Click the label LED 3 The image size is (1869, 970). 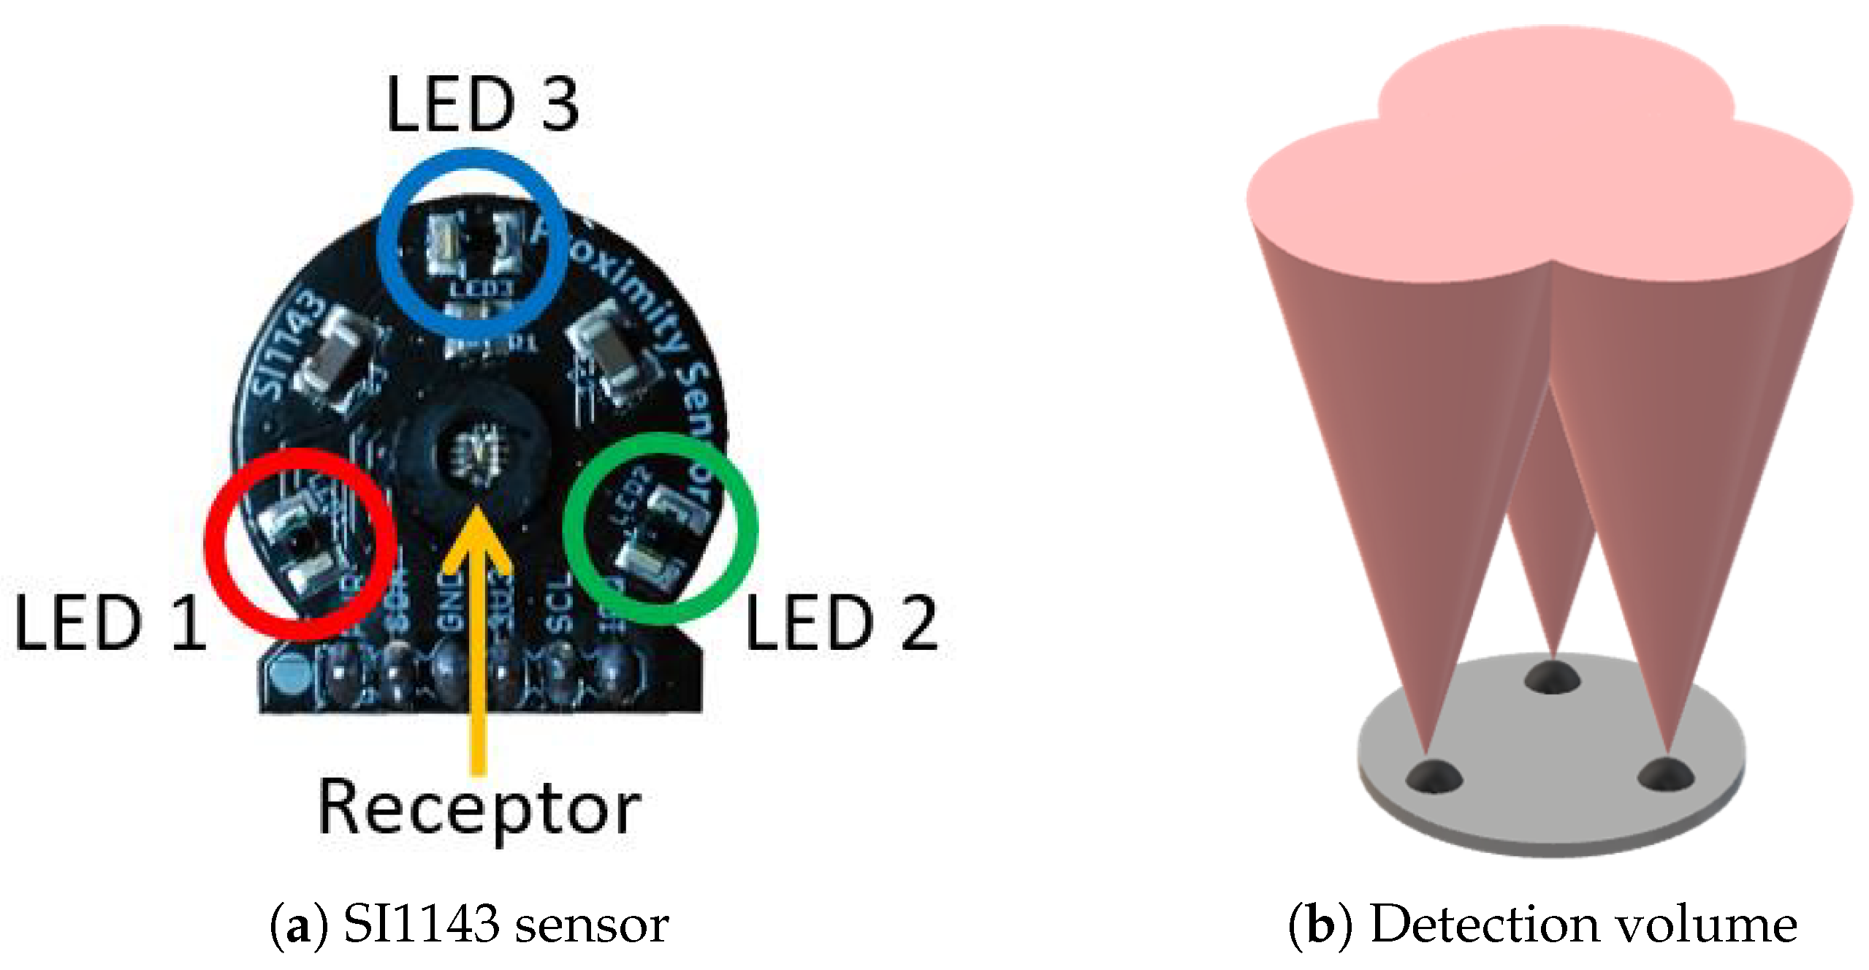(x=482, y=105)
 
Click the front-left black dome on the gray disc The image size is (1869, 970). (x=1433, y=776)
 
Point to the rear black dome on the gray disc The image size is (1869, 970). (x=1552, y=676)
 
